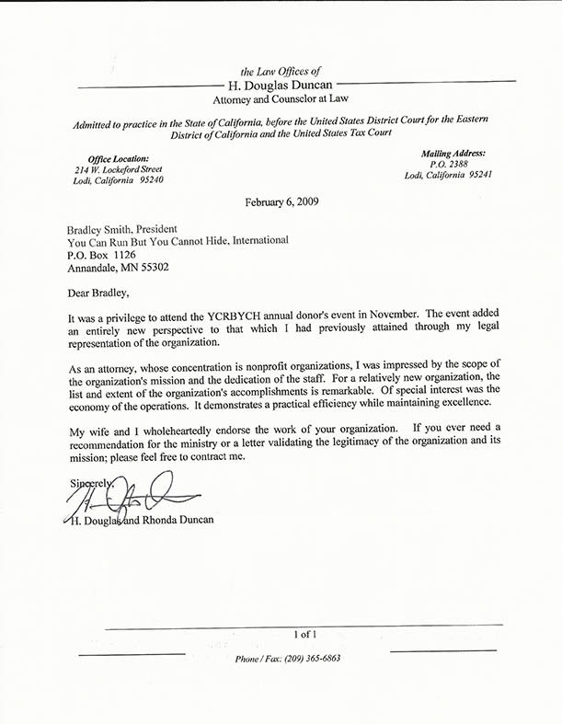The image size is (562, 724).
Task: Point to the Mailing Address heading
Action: click(x=453, y=153)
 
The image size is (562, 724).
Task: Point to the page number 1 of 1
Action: click(x=304, y=634)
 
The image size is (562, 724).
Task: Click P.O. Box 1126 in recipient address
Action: click(x=102, y=254)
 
